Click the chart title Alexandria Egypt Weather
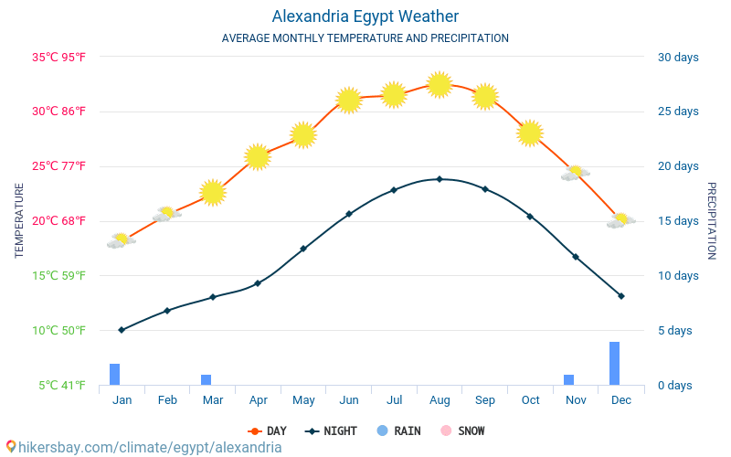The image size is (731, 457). pyautogui.click(x=365, y=16)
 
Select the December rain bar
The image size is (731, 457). pyautogui.click(x=614, y=363)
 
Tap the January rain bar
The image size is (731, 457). pyautogui.click(x=115, y=374)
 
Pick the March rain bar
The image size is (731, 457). pyautogui.click(x=206, y=379)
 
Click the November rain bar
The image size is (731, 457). pyautogui.click(x=568, y=379)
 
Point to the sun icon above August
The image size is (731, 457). pyautogui.click(x=440, y=85)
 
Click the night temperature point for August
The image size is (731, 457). pyautogui.click(x=440, y=179)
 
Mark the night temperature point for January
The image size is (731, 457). pyautogui.click(x=122, y=330)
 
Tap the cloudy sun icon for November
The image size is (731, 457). pyautogui.click(x=575, y=173)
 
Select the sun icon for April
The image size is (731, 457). pyautogui.click(x=258, y=156)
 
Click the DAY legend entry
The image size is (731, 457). pyautogui.click(x=268, y=430)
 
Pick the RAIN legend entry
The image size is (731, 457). pyautogui.click(x=398, y=430)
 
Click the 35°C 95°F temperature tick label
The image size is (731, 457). pyautogui.click(x=58, y=58)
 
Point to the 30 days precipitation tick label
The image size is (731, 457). pyautogui.click(x=678, y=58)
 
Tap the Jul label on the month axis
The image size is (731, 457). pyautogui.click(x=394, y=400)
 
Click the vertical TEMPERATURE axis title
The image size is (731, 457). pyautogui.click(x=19, y=220)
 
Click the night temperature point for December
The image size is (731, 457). pyautogui.click(x=621, y=296)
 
